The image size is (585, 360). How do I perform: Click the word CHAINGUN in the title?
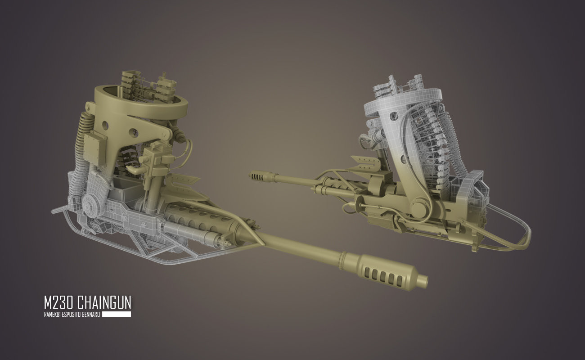click(104, 302)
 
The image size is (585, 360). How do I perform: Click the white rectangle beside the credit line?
click(117, 314)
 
